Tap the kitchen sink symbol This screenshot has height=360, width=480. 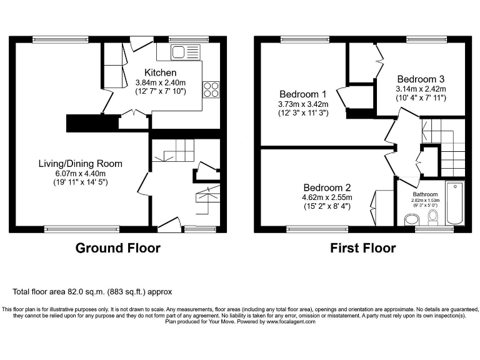(186, 52)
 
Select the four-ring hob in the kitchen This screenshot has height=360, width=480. (211, 90)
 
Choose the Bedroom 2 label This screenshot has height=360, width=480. (327, 187)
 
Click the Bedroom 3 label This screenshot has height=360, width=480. (421, 79)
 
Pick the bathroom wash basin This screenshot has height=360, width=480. (412, 219)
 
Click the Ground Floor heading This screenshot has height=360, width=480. (117, 248)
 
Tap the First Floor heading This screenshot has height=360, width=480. (362, 248)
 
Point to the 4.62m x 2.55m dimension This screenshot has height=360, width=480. (327, 197)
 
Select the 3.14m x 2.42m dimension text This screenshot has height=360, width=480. (421, 89)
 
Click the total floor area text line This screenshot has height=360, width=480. (92, 292)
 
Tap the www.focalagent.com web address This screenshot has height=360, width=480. (291, 322)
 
